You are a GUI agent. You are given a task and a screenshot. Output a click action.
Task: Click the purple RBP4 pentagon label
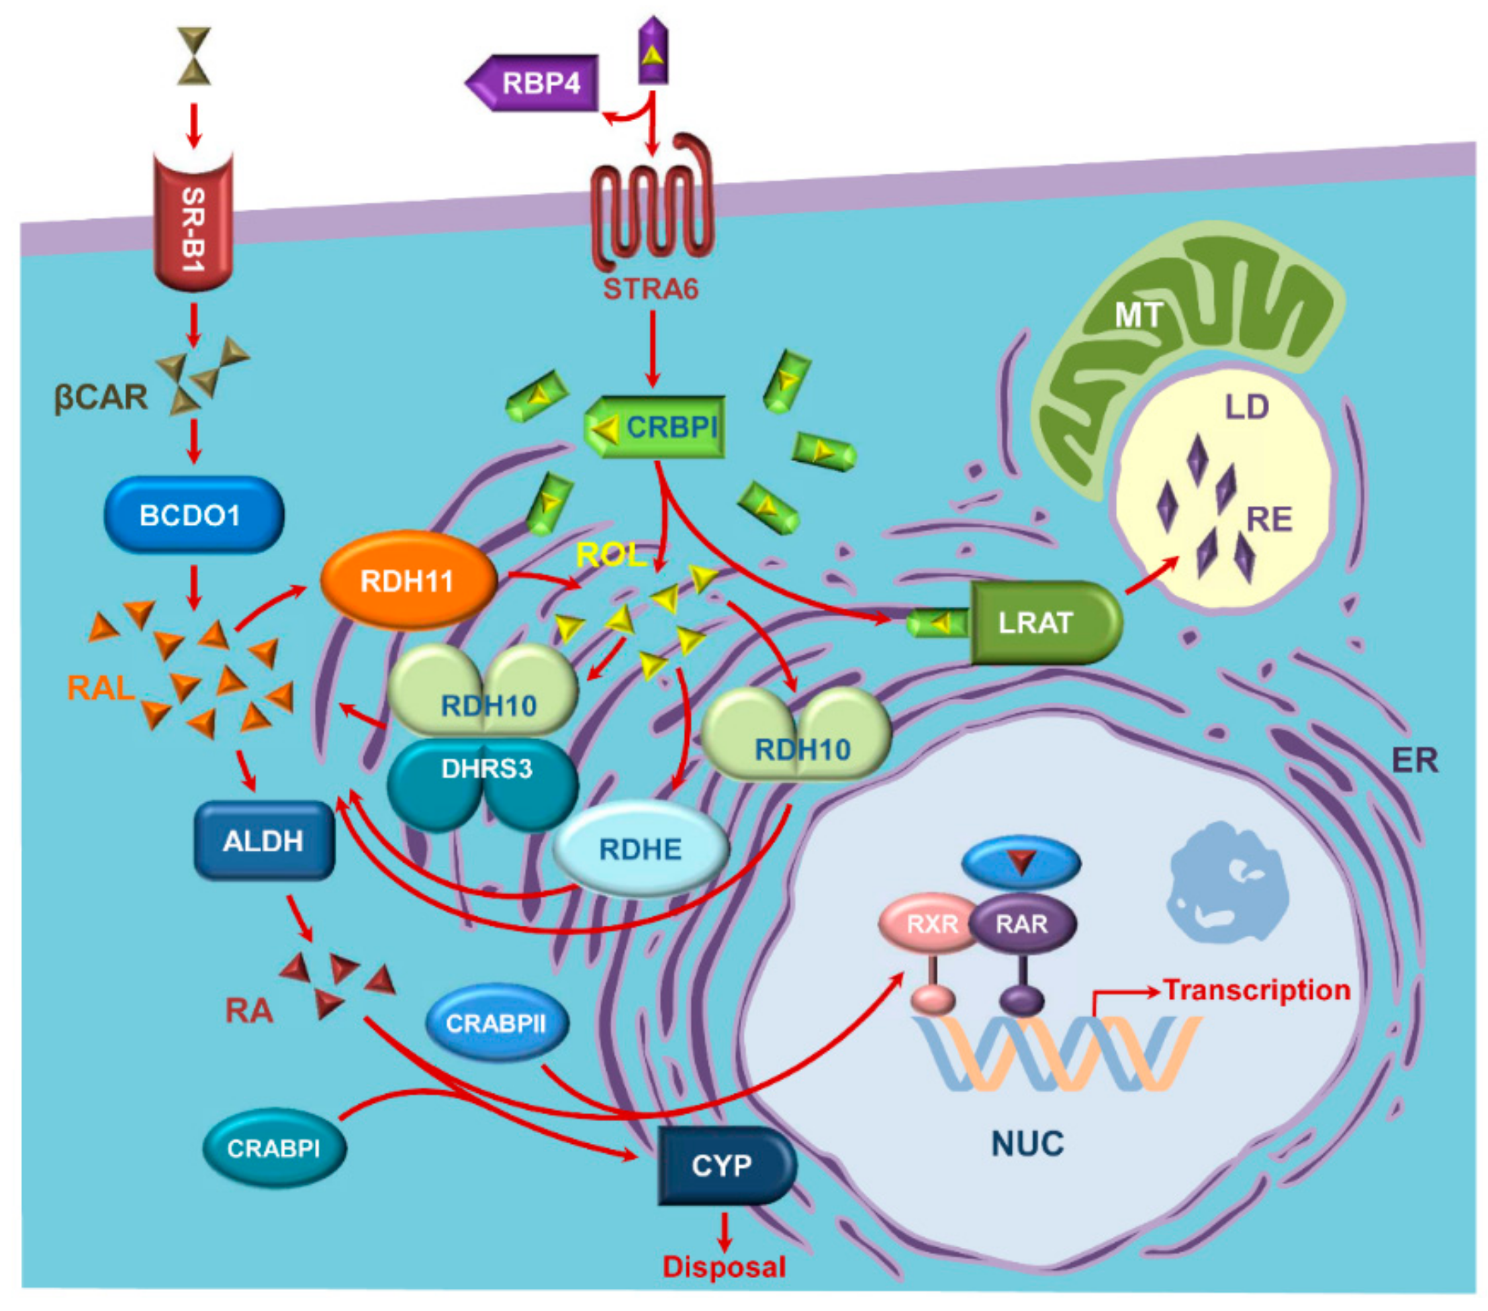click(x=539, y=83)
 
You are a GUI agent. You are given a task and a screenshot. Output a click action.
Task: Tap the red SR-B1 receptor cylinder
click(x=193, y=226)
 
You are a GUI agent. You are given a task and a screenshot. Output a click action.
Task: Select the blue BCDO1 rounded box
click(x=193, y=516)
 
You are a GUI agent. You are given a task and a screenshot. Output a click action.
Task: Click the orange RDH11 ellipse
click(x=408, y=581)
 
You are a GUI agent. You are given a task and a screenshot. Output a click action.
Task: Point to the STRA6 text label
click(x=650, y=289)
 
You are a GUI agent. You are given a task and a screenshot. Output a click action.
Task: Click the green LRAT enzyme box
click(x=1041, y=623)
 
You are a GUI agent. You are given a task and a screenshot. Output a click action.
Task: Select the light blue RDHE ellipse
click(x=641, y=848)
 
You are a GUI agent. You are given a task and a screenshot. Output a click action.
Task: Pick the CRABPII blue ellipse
click(x=496, y=1024)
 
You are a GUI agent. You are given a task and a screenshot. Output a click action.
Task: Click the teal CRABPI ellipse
click(x=274, y=1148)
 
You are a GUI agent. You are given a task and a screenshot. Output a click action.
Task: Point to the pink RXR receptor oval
click(x=931, y=924)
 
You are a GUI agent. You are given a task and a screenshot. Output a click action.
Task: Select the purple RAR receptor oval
click(x=1022, y=924)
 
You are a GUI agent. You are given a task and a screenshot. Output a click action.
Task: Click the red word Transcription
click(x=1257, y=990)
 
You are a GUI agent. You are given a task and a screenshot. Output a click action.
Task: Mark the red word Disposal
click(x=724, y=1267)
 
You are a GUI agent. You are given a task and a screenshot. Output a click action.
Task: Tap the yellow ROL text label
click(x=610, y=555)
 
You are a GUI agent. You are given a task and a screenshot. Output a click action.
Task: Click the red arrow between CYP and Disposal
click(x=724, y=1231)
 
